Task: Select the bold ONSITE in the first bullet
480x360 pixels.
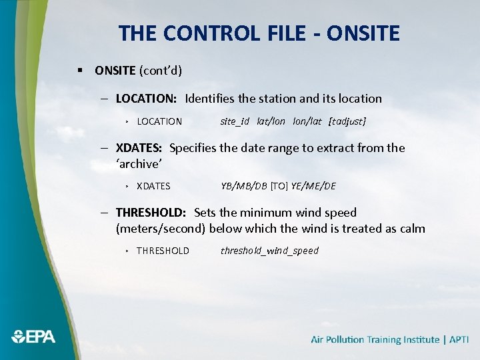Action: pos(115,70)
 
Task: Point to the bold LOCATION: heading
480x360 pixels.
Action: pos(146,99)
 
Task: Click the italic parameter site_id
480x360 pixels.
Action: pos(235,121)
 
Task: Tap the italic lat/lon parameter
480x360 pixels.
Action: pos(271,121)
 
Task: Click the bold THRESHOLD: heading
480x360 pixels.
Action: pos(151,213)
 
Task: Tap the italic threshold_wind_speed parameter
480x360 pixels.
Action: pos(269,251)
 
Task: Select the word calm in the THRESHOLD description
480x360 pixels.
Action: pos(411,229)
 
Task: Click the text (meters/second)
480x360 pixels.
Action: pos(161,229)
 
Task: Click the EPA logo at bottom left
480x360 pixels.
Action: pos(33,337)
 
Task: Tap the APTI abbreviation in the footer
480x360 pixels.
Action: pos(459,340)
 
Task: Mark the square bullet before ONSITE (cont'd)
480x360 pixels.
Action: pos(80,70)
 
